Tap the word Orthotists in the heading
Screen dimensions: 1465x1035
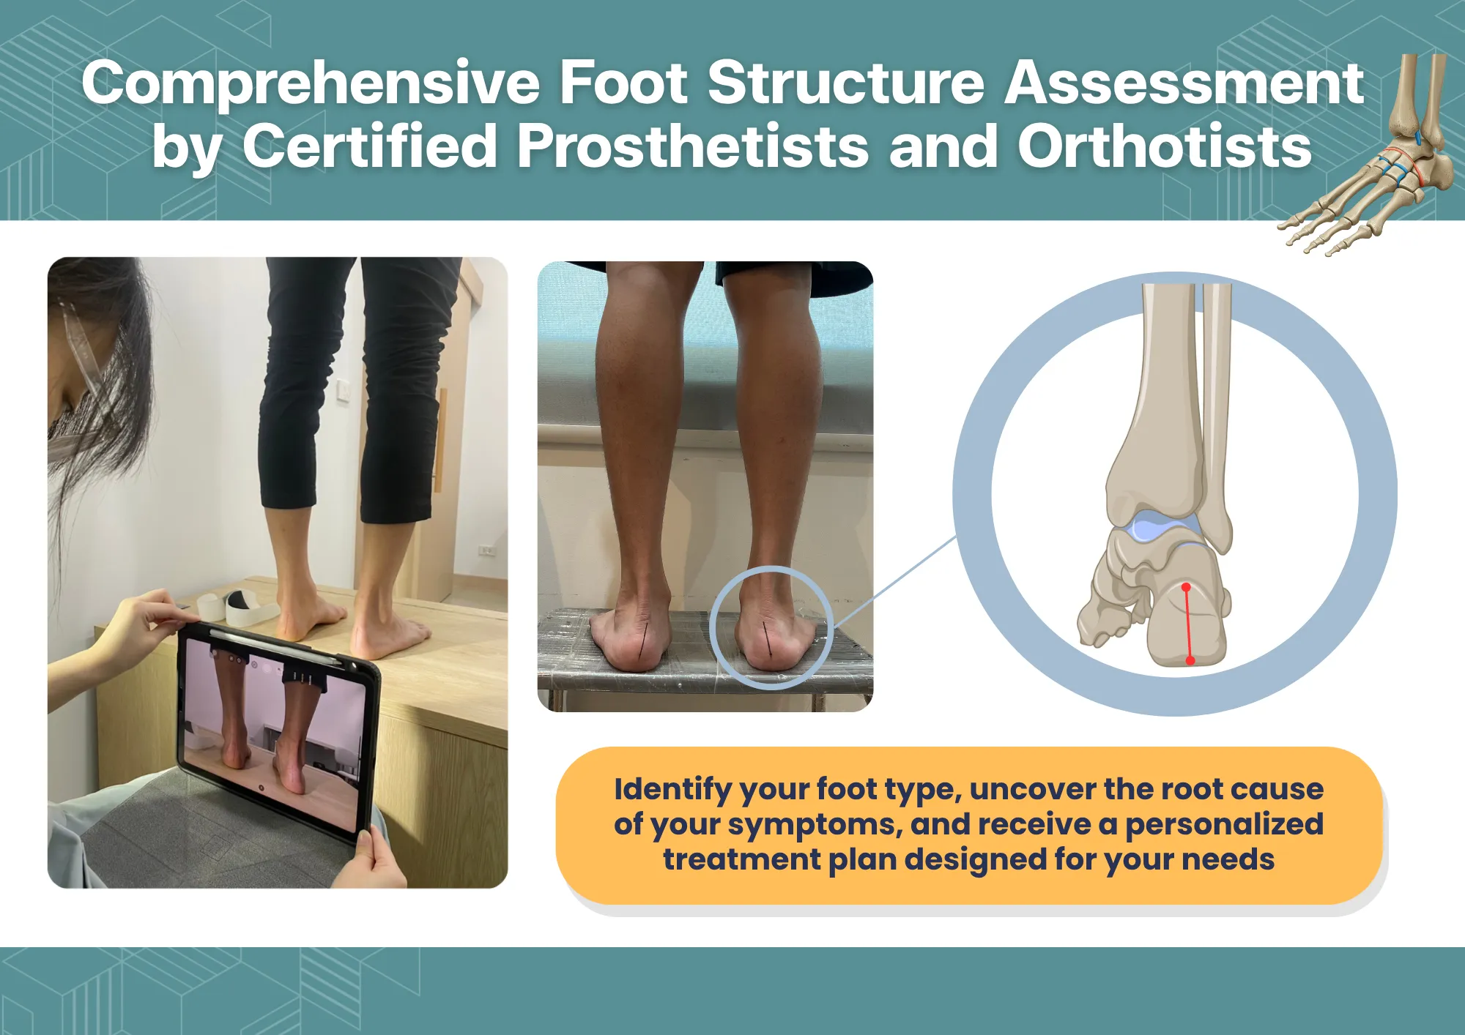1165,146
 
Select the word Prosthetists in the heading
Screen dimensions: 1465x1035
693,146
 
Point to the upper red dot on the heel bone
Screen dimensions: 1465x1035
1187,587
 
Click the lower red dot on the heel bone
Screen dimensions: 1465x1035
1190,660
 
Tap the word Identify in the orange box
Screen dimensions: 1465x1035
673,790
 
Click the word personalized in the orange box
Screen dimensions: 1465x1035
1225,825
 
